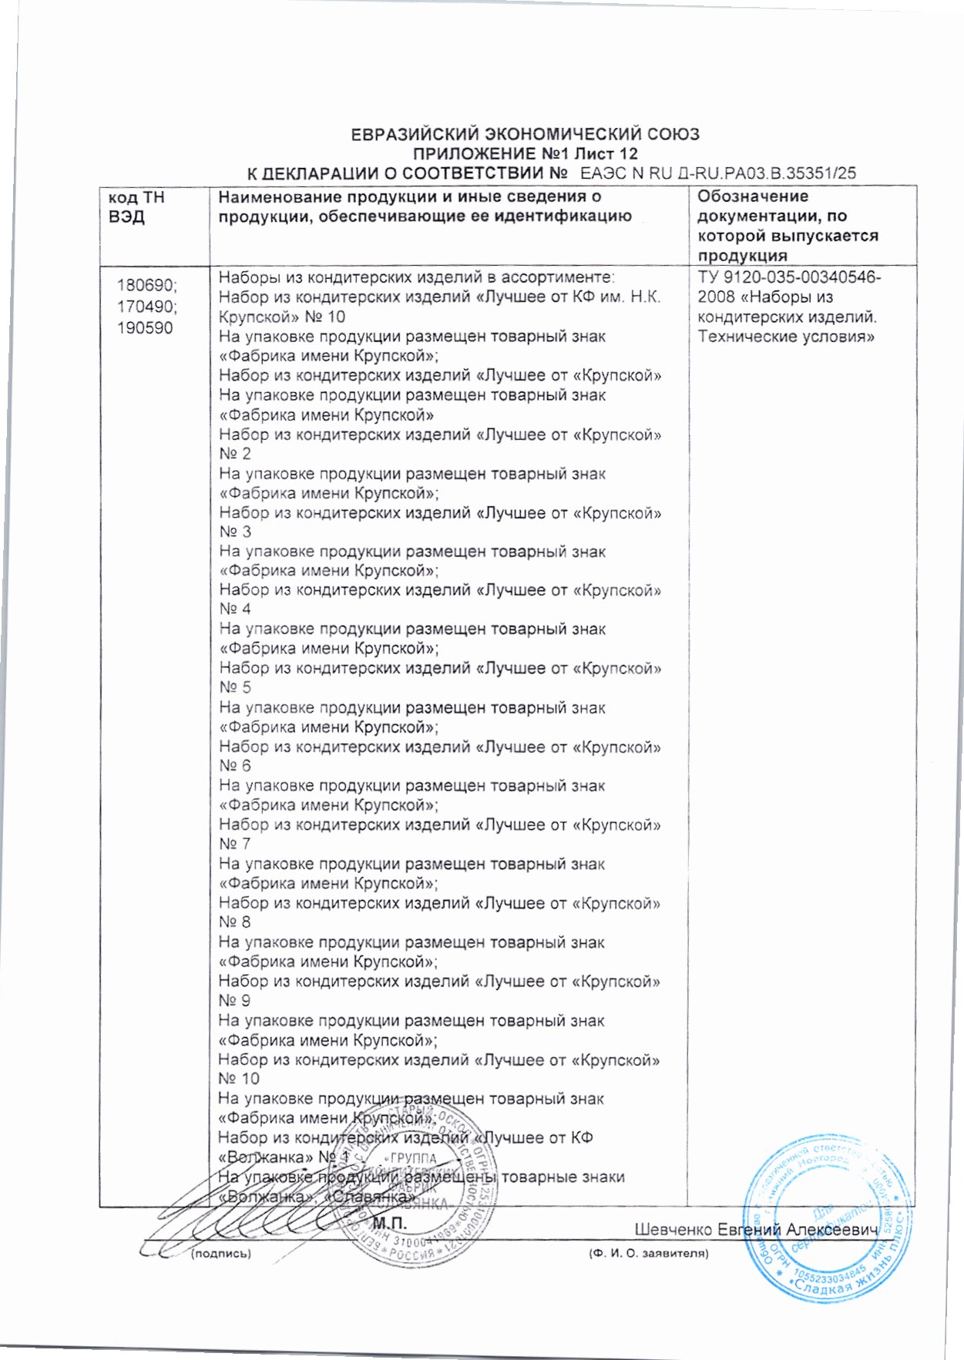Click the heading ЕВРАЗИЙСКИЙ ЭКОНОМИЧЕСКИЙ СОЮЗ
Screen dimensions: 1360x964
[x=525, y=135]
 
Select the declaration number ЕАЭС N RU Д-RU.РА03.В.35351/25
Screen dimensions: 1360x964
[x=717, y=173]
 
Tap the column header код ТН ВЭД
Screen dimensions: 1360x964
[x=137, y=207]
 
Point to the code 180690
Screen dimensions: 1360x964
[x=146, y=286]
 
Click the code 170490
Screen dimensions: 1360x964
[x=146, y=307]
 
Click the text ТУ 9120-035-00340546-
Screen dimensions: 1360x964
[x=790, y=278]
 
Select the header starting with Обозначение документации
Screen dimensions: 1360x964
[x=788, y=226]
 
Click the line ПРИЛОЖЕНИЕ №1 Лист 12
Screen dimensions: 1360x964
[x=526, y=154]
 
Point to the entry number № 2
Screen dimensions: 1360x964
[x=235, y=454]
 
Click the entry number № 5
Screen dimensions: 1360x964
[x=235, y=687]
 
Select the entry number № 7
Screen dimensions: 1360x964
[x=235, y=844]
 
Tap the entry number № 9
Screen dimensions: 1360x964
[x=235, y=1001]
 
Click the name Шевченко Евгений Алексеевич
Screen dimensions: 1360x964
[x=757, y=1230]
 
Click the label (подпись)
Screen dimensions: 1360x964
[x=220, y=1254]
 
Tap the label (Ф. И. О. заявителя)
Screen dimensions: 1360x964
[x=648, y=1254]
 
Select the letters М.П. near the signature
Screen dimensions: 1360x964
[x=389, y=1224]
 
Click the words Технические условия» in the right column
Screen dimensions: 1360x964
[x=786, y=337]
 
